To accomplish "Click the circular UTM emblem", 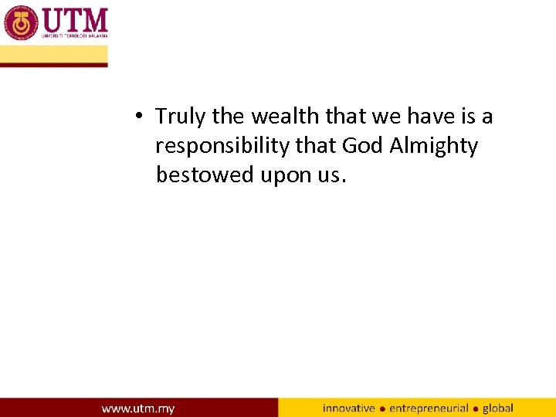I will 21,22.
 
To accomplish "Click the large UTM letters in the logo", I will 75,19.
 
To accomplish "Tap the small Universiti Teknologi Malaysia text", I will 75,36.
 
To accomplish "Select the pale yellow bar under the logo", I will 53,54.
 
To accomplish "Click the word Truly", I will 181,117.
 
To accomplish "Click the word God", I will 363,146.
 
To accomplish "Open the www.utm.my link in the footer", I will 138,408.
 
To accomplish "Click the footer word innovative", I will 349,408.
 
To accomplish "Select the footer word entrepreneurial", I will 429,408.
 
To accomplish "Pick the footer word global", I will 498,408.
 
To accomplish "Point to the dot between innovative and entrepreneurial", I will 382,409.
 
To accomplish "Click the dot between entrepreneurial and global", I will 476,409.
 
